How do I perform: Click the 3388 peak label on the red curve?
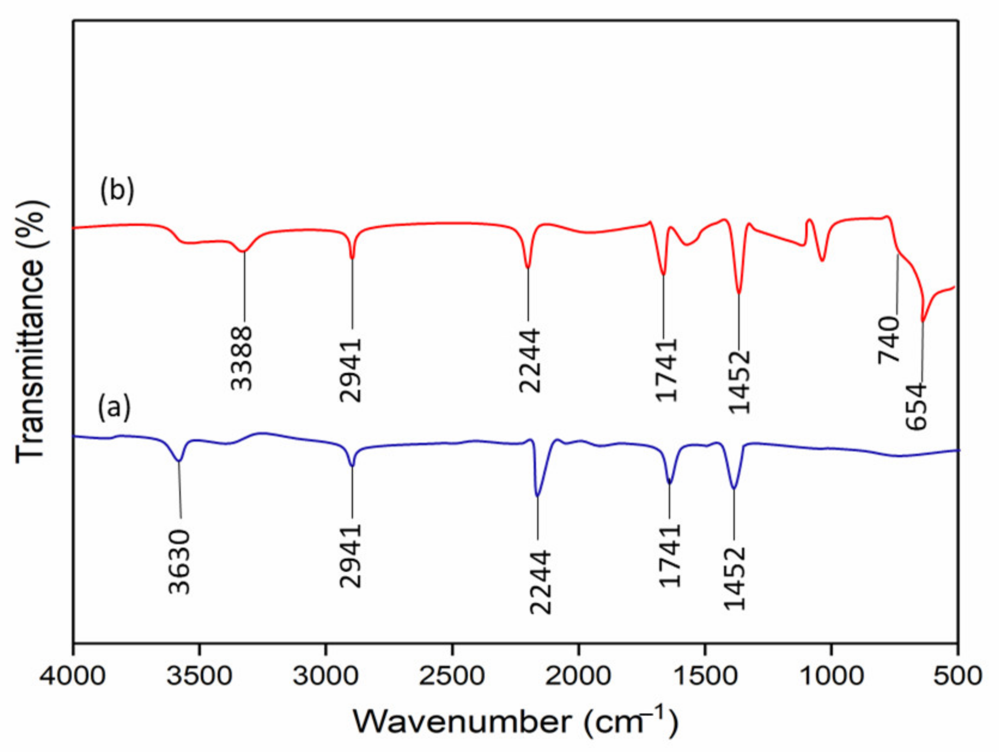242,359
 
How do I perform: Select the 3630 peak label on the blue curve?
180,562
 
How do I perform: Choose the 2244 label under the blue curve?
541,582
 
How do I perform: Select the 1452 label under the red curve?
739,382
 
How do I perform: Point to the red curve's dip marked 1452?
739,293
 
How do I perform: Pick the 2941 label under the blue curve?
351,555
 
